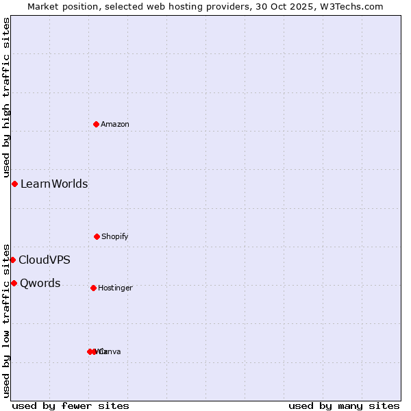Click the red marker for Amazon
(97, 124)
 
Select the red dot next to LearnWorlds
(14, 184)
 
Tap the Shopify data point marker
(97, 236)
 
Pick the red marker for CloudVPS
(12, 260)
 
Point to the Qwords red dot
(14, 283)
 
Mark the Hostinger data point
(93, 288)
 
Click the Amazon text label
(115, 124)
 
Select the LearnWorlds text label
(54, 184)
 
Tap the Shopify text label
(115, 236)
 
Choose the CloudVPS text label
(45, 260)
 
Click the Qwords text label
(40, 283)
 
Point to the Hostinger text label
(115, 288)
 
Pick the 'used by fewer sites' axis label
(71, 406)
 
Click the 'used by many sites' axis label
(344, 406)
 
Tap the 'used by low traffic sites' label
(6, 321)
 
